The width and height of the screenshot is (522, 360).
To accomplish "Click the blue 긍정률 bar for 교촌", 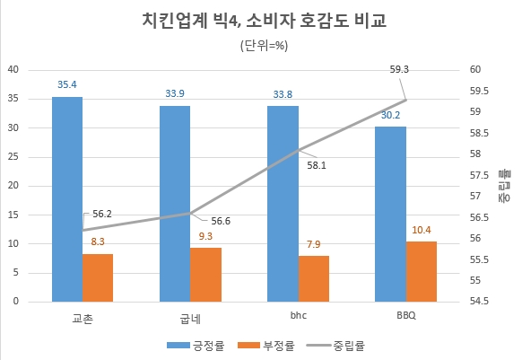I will click(67, 198).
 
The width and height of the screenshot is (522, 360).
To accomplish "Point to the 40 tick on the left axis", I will click(13, 70).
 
